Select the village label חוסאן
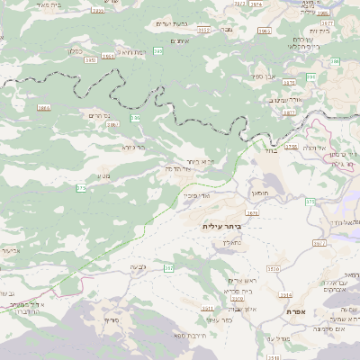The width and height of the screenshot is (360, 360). (x=259, y=193)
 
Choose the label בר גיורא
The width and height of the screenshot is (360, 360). (x=133, y=147)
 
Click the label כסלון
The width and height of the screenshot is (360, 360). (x=76, y=51)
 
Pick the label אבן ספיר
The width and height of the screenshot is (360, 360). (x=269, y=78)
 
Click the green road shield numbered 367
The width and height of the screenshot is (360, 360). (x=166, y=268)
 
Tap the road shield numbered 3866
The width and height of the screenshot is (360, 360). (x=44, y=107)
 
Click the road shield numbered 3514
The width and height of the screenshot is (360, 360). (x=285, y=293)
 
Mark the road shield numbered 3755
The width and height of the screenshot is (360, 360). (x=290, y=146)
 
